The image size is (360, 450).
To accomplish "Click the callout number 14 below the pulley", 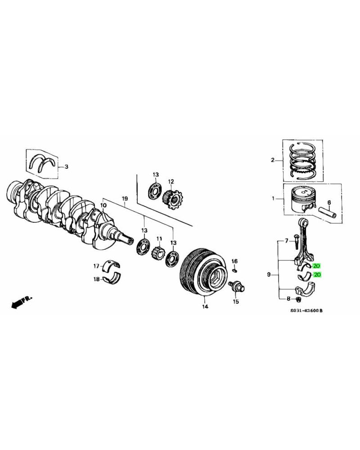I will (205, 307).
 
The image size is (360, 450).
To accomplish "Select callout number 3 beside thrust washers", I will (66, 167).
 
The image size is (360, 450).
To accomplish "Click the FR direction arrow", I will (21, 302).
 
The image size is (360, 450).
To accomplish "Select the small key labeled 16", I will (234, 270).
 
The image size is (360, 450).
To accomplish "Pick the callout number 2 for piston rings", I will (272, 160).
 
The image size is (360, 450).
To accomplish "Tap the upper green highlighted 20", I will (317, 266).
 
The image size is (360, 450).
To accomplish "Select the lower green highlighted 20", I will (317, 274).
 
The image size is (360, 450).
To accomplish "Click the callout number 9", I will (269, 274).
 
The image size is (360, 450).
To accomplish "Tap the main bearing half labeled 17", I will (111, 266).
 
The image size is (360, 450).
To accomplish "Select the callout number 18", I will (96, 279).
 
